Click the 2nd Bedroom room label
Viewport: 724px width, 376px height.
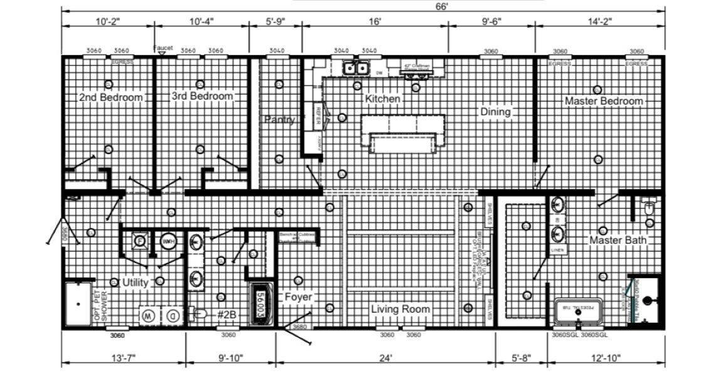tap(111, 98)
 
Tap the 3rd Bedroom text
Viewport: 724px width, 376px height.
tap(202, 97)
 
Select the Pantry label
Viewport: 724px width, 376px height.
tap(279, 120)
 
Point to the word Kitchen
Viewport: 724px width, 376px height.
tap(382, 99)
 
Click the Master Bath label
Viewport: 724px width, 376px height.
tap(617, 240)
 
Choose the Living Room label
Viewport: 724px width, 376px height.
tap(401, 309)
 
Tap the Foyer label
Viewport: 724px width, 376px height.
tap(298, 297)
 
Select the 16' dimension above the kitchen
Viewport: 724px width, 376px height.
tap(375, 21)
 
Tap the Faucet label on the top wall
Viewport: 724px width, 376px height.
tap(163, 48)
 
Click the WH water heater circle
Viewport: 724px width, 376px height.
tap(168, 241)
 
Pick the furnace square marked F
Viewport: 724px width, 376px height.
tap(139, 241)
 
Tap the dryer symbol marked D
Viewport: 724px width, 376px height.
tap(173, 316)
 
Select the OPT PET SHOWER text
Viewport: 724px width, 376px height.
tap(100, 305)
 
